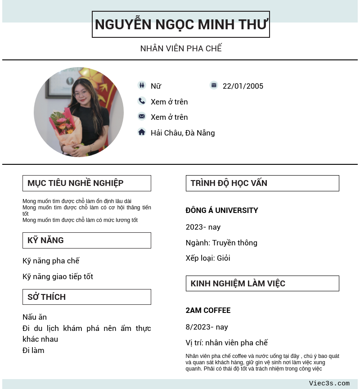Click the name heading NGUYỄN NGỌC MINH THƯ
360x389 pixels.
[181, 24]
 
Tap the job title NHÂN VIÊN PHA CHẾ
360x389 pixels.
[181, 48]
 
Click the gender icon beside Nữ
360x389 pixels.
[142, 85]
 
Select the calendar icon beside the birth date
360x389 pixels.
[214, 85]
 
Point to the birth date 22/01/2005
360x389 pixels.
[243, 86]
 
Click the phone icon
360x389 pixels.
[142, 101]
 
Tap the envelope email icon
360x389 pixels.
[142, 116]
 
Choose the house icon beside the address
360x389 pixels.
[142, 132]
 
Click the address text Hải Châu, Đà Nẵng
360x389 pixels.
[183, 133]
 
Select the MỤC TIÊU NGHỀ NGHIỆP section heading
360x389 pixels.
[76, 183]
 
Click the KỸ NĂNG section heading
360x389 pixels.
[46, 240]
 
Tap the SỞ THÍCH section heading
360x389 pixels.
[47, 297]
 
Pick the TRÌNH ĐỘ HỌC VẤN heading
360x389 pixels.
[229, 183]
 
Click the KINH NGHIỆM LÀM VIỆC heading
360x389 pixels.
[238, 284]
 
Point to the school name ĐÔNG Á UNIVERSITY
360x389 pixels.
[222, 210]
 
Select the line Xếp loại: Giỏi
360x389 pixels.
[208, 258]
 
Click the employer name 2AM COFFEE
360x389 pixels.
[208, 310]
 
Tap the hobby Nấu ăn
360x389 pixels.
[35, 317]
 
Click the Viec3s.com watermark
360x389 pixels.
[329, 384]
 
